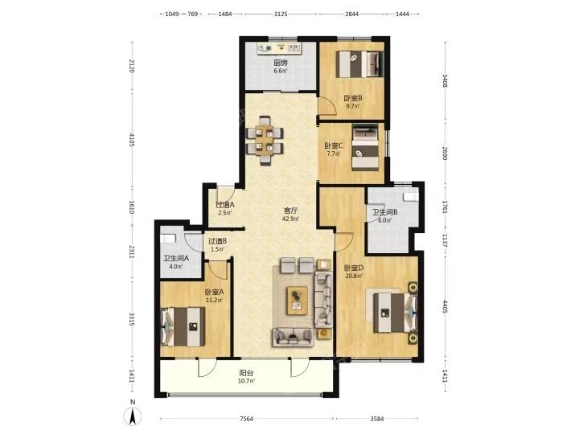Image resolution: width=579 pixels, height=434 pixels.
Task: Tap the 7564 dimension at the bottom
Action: click(x=246, y=419)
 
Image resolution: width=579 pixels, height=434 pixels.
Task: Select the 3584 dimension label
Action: click(x=377, y=419)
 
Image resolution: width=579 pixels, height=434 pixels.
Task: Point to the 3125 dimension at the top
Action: click(x=281, y=14)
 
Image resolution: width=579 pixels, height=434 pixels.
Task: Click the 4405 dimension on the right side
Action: click(x=445, y=306)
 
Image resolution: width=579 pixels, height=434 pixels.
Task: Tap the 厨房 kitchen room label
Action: click(x=281, y=63)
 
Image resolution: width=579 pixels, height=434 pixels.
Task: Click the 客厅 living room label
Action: click(x=290, y=211)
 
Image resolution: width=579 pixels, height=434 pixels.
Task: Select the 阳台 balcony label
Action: click(x=246, y=373)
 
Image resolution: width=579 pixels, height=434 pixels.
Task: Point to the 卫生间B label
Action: click(x=384, y=212)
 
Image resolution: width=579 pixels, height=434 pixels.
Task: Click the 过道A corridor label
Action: click(x=225, y=204)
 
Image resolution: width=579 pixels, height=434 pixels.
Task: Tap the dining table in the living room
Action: click(x=265, y=140)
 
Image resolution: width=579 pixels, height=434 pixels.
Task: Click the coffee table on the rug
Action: click(x=298, y=301)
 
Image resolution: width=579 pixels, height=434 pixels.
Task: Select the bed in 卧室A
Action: click(x=183, y=327)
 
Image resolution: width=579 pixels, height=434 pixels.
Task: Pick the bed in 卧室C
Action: click(x=365, y=147)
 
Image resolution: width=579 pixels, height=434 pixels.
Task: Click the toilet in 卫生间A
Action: click(x=167, y=238)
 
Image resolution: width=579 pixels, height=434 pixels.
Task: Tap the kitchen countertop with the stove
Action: click(x=280, y=48)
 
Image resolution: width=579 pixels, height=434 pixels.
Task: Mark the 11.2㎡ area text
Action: click(x=214, y=300)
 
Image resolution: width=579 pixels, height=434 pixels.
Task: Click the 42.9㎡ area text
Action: click(x=290, y=219)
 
